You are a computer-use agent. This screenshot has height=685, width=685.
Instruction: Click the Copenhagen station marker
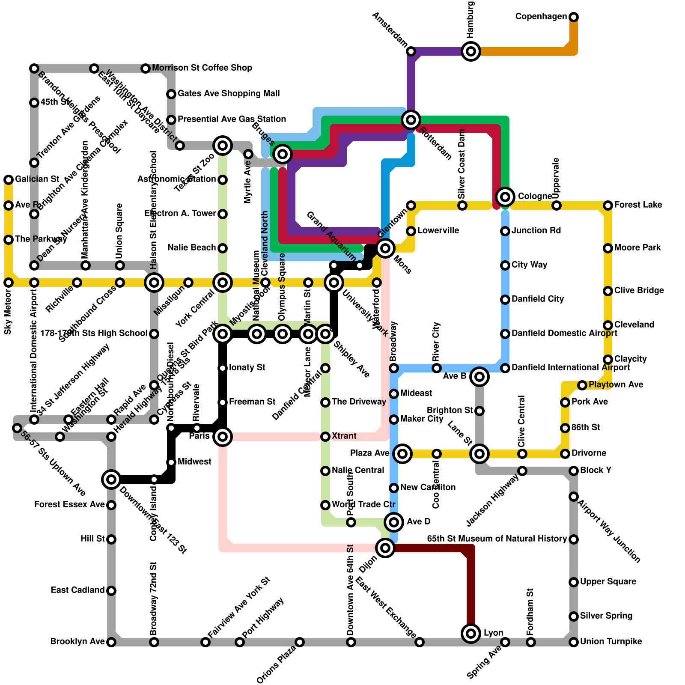(x=574, y=17)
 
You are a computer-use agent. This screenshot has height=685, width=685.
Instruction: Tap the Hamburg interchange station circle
(x=471, y=51)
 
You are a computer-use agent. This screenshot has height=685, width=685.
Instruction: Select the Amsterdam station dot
(x=411, y=51)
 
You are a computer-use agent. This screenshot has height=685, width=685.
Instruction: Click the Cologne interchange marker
(x=505, y=197)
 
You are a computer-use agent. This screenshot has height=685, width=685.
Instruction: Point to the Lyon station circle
(x=471, y=633)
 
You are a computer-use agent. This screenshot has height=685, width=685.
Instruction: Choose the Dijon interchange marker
(x=385, y=548)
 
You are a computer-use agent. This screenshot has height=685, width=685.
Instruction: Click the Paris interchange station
(x=223, y=437)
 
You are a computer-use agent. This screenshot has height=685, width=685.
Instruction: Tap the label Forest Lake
(x=638, y=205)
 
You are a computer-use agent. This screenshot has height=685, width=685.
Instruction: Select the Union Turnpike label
(x=611, y=642)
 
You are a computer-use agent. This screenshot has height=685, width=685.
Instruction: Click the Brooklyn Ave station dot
(x=111, y=642)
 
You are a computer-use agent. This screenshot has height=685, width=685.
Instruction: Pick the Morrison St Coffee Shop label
(x=202, y=68)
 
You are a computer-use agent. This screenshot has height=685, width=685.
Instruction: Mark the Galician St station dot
(x=9, y=180)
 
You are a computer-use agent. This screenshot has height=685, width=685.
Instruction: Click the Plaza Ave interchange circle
(x=402, y=454)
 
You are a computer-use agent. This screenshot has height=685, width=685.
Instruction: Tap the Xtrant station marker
(x=325, y=437)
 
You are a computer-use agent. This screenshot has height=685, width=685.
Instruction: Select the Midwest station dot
(x=171, y=462)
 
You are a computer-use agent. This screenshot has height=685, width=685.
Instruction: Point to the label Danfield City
(x=538, y=299)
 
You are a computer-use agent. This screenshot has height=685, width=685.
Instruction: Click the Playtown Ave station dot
(x=582, y=385)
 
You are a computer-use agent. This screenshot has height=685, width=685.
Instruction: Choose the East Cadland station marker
(x=111, y=591)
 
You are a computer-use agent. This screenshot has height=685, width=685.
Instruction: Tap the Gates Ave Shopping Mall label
(x=229, y=94)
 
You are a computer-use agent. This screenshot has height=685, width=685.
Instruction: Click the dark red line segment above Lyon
(x=471, y=591)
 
